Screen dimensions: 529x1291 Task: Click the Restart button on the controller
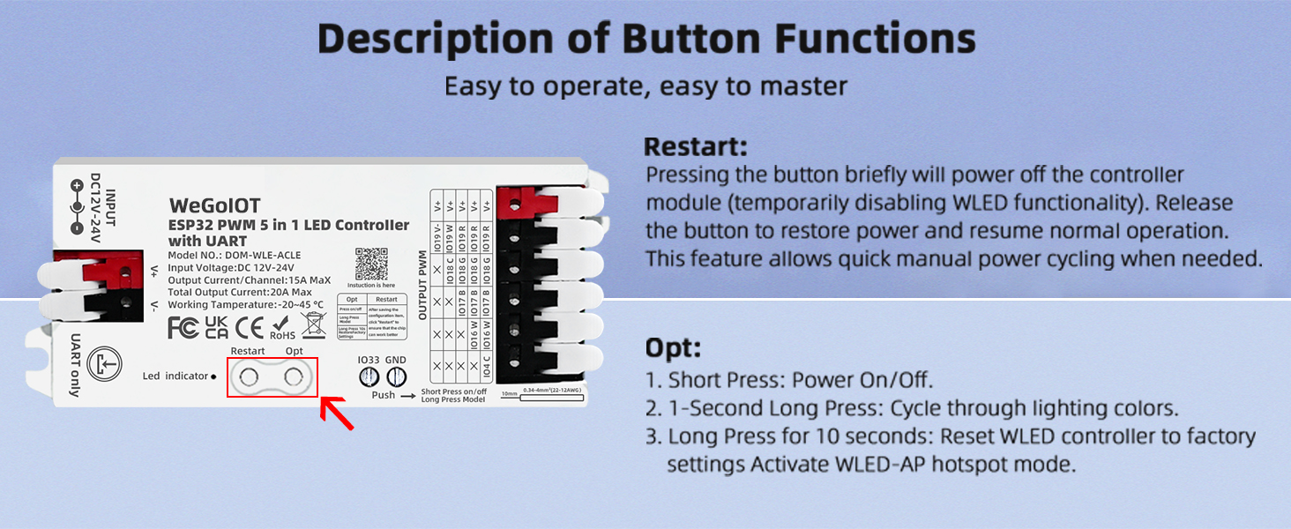pyautogui.click(x=250, y=378)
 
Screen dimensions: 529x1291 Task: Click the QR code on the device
pyautogui.click(x=371, y=264)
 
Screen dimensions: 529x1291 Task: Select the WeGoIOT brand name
pyautogui.click(x=214, y=205)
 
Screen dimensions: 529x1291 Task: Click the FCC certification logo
pyautogui.click(x=183, y=328)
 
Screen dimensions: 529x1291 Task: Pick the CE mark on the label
pyautogui.click(x=250, y=328)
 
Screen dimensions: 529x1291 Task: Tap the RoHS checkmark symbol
pyautogui.click(x=282, y=324)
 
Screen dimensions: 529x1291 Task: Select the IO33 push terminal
pyautogui.click(x=368, y=376)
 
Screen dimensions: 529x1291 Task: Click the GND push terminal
pyautogui.click(x=396, y=376)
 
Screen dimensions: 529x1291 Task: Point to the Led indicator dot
pyautogui.click(x=213, y=376)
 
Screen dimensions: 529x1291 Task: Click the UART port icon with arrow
pyautogui.click(x=104, y=362)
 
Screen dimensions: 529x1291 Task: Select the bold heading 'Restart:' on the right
pyautogui.click(x=695, y=146)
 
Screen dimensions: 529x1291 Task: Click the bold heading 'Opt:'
pyautogui.click(x=672, y=347)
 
